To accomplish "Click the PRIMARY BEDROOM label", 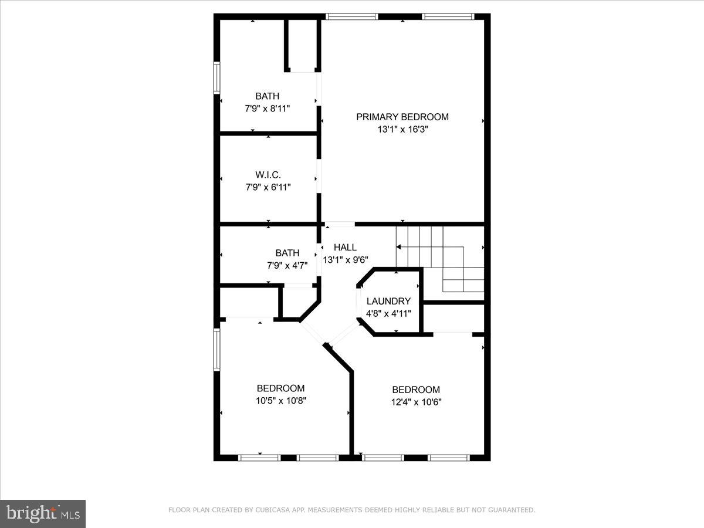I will pos(402,117).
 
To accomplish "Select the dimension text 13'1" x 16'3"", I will pos(402,130).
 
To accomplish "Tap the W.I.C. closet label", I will pos(268,175).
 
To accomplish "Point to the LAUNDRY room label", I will pos(388,301).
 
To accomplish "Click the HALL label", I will pos(345,248).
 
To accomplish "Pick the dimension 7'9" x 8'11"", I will pos(268,109).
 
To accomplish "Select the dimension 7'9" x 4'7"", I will pos(287,265).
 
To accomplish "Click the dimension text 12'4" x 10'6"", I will pos(415,402).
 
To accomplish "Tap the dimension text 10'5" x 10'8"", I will pos(280,401).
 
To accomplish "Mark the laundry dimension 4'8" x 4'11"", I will pos(388,313).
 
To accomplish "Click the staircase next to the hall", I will pos(440,258).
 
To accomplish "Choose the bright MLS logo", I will pos(43,513).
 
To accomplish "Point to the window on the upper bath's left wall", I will pos(216,79).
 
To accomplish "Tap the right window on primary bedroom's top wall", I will pos(448,16).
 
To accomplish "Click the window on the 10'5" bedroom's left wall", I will pos(216,350).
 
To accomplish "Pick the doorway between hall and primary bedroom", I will pos(340,224).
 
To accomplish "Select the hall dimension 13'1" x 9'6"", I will pos(346,260).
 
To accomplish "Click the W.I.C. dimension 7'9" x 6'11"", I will pos(268,187).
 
